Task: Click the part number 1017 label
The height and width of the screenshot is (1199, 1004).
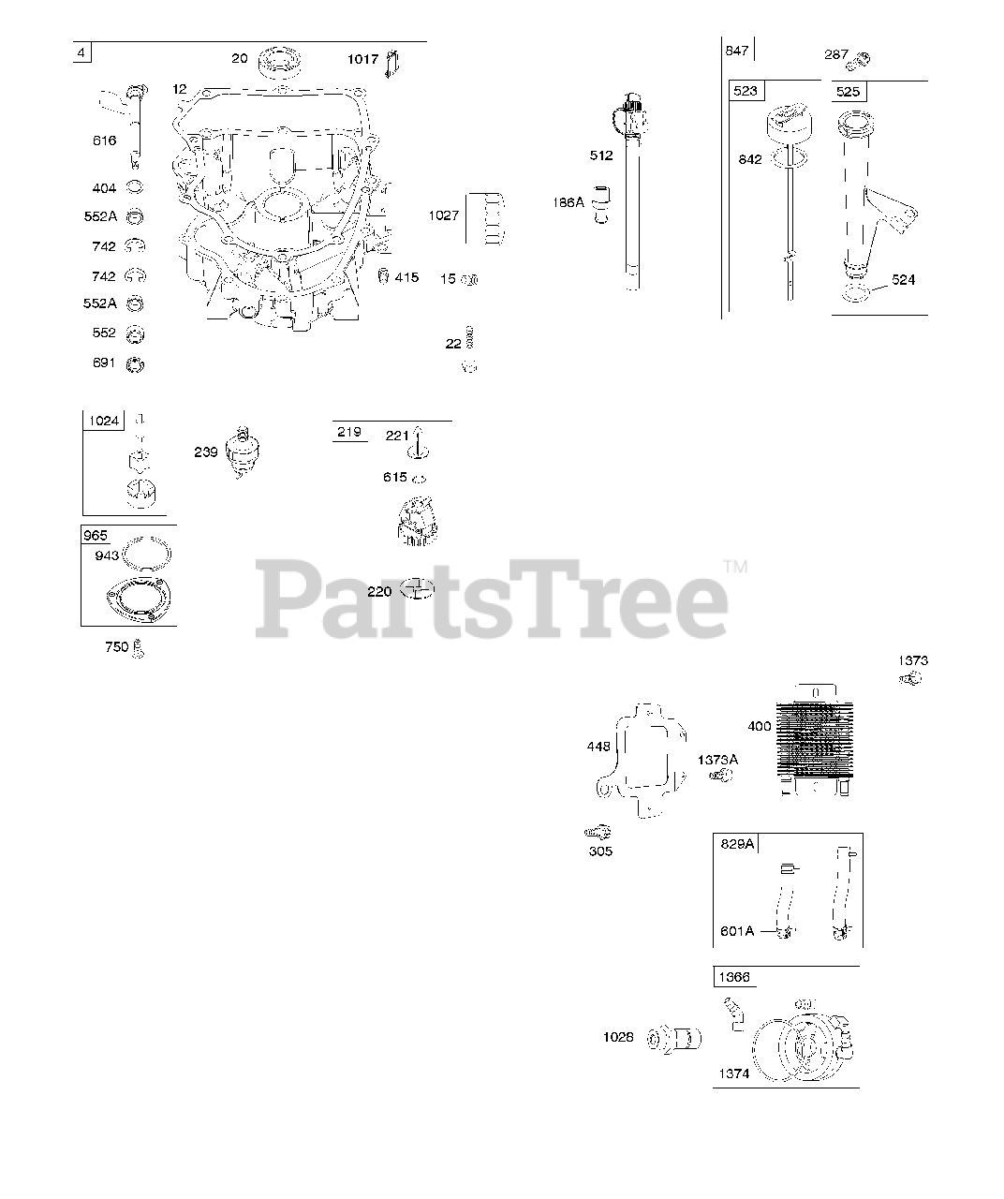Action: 362,59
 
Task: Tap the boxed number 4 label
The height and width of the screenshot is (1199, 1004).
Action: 82,53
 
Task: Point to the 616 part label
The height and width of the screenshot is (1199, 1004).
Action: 104,141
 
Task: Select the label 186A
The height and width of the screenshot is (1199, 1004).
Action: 568,202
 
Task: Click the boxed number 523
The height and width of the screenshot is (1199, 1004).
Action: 746,91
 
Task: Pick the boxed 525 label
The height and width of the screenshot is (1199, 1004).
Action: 848,92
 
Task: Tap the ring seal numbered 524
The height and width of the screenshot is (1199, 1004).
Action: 854,297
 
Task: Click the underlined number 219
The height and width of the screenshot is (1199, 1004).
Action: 349,432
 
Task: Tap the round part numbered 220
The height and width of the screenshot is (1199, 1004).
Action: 417,589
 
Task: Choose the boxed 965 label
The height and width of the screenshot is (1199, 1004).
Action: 96,536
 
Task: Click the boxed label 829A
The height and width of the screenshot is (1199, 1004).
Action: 737,843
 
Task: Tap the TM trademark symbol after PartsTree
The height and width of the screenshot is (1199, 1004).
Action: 735,566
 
